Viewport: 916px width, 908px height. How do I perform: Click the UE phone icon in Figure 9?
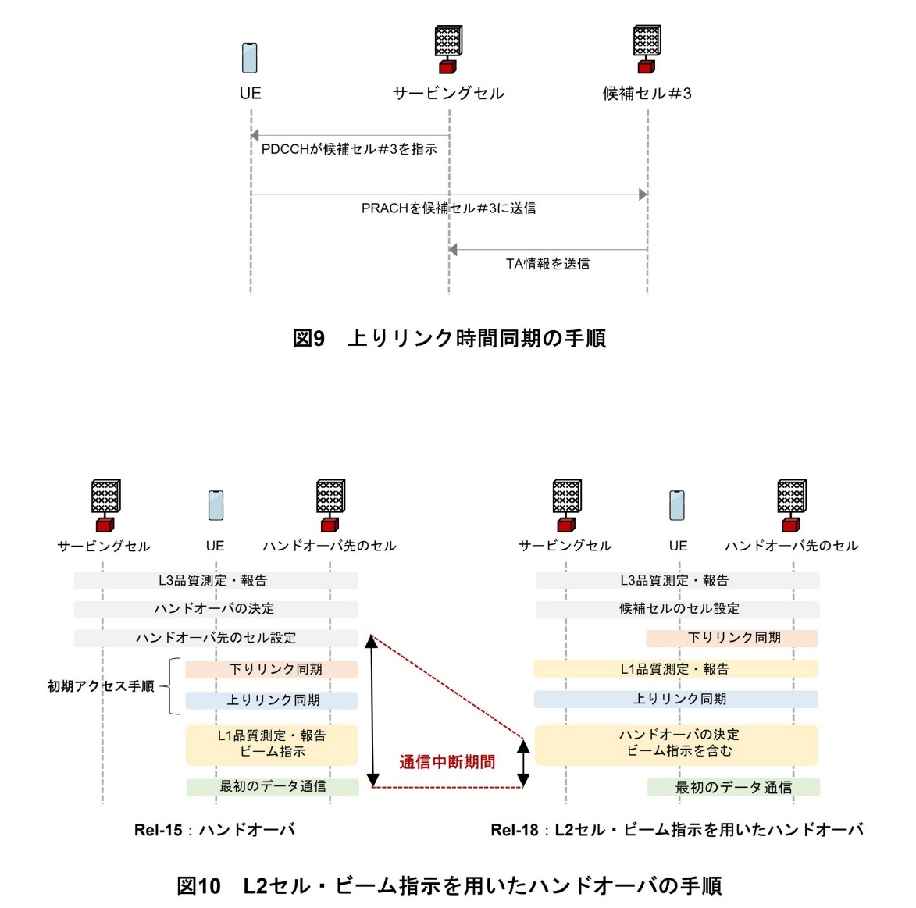tap(250, 57)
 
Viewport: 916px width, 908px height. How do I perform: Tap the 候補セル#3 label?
tap(647, 94)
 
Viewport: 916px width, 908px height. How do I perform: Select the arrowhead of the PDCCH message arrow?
tap(255, 136)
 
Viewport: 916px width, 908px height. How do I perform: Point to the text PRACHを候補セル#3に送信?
tap(448, 208)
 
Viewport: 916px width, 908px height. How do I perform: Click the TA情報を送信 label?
tap(547, 264)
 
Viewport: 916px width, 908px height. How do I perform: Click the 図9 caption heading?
tap(449, 338)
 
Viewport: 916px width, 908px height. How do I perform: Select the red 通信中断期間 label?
tap(447, 762)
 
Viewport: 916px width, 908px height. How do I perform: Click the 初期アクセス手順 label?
tap(101, 686)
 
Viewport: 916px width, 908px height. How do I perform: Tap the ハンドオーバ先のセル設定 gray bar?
tap(216, 638)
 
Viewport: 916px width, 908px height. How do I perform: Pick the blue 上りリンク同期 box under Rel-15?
tap(272, 700)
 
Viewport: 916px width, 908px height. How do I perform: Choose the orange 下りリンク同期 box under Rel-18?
tap(732, 638)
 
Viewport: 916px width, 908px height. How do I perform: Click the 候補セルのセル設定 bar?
tap(678, 609)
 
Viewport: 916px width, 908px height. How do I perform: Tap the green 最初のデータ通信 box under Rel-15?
tap(272, 786)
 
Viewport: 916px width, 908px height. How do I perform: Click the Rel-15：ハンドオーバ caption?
tap(215, 830)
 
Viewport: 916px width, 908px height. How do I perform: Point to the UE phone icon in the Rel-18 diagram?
tap(677, 505)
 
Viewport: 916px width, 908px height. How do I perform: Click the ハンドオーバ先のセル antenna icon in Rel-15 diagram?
tap(330, 504)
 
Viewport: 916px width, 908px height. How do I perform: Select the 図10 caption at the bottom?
tap(449, 886)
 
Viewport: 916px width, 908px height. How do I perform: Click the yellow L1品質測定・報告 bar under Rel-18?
tap(676, 669)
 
